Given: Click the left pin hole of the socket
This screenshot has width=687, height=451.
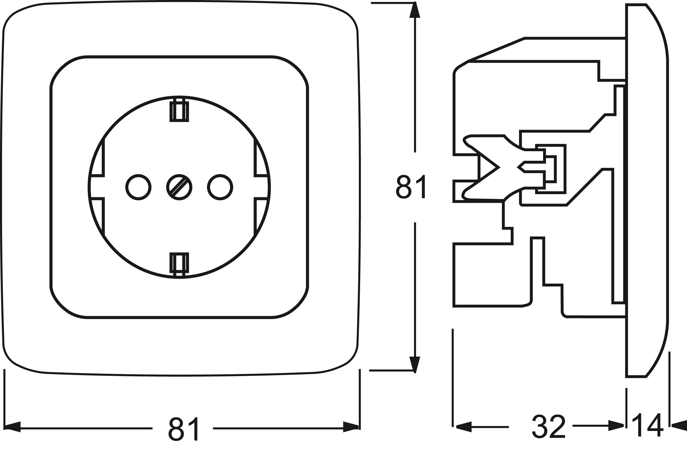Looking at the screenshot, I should coord(138,187).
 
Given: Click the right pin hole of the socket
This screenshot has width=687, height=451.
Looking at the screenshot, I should coord(220,187).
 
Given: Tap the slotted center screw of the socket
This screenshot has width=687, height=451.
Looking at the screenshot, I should coord(179,187).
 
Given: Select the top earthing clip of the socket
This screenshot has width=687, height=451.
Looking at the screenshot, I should coord(179,111).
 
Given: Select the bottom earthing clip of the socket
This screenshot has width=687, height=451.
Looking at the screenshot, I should coord(179,263).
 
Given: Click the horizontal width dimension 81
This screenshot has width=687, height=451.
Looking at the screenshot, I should coord(183,428).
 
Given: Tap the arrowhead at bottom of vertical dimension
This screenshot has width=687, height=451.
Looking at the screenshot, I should coord(415,364).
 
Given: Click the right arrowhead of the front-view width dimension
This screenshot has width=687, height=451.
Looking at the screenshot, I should coord(351,427).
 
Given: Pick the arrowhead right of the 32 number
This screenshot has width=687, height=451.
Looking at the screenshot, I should coord(616,425).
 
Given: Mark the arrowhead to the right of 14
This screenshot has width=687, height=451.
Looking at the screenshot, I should coord(679,425).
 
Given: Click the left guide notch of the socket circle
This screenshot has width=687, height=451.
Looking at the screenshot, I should coord(98,187).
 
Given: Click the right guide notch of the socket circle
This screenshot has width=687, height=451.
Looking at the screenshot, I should coord(261,187).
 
